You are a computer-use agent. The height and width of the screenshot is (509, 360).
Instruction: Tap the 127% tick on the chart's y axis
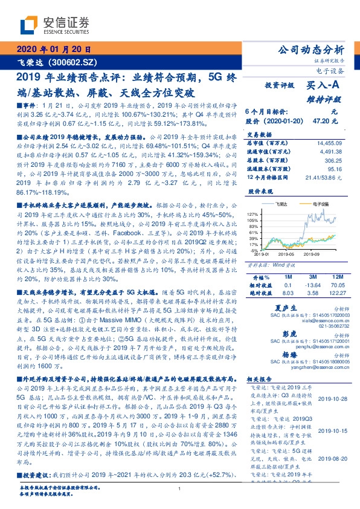click(x=253, y=214)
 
